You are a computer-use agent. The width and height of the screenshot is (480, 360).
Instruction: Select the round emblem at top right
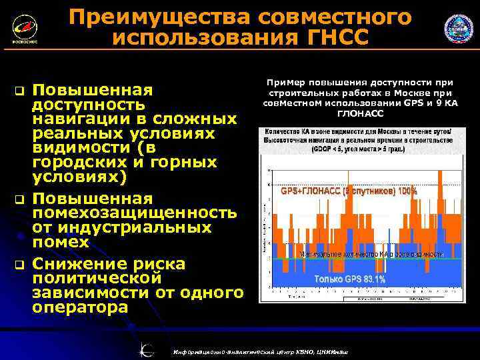coord(459,29)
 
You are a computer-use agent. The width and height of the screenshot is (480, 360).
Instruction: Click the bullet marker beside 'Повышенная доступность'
coord(19,90)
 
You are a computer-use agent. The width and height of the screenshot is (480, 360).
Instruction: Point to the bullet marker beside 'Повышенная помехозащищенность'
coord(19,199)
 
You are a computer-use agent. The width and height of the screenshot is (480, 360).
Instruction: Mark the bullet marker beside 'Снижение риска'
coord(19,265)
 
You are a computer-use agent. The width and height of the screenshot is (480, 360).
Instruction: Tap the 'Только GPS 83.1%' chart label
coord(349,279)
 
